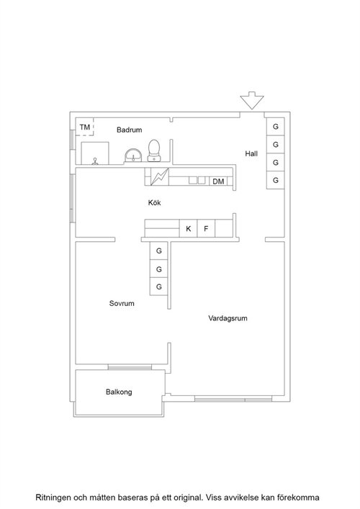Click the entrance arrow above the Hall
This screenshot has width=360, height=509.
252,100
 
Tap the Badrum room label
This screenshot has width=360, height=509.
129,130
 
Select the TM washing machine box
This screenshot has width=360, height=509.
85,127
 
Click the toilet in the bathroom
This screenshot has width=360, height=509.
154,150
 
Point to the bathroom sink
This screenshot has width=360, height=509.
133,156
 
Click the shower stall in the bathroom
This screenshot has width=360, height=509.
95,153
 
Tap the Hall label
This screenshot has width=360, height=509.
251,153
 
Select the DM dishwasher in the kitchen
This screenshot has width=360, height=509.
218,181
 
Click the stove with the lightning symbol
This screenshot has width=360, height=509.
160,176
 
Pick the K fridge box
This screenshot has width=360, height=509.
188,228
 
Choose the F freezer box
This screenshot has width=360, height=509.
206,228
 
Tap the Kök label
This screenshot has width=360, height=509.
155,202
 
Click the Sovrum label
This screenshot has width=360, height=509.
122,303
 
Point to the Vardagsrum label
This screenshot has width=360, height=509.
228,318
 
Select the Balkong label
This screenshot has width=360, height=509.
119,392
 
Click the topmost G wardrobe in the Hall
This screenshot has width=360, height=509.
276,127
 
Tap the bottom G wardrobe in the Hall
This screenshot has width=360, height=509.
276,180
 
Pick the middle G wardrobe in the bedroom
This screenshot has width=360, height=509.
158,269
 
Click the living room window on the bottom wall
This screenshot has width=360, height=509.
233,399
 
